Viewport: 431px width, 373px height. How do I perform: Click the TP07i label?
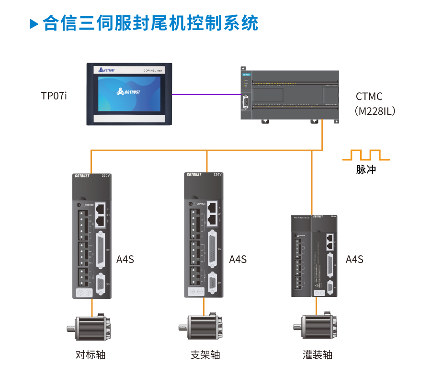(x=54, y=96)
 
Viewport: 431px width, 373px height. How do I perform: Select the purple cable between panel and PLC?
(x=206, y=94)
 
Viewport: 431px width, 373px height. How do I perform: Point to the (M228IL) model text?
(x=375, y=111)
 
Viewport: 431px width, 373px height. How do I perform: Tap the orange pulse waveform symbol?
(x=366, y=155)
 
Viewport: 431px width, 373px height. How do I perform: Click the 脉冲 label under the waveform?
(x=366, y=169)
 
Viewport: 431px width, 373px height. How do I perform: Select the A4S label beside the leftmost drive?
(x=125, y=259)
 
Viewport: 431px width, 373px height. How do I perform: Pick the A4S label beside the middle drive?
(x=238, y=259)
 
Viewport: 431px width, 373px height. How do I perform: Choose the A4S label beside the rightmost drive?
(x=354, y=259)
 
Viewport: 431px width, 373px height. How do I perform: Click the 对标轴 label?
(x=91, y=355)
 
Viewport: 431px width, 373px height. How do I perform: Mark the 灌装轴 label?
(x=318, y=355)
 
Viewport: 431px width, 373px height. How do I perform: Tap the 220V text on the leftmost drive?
(x=106, y=176)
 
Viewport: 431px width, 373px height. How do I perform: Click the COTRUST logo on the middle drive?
(x=194, y=175)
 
